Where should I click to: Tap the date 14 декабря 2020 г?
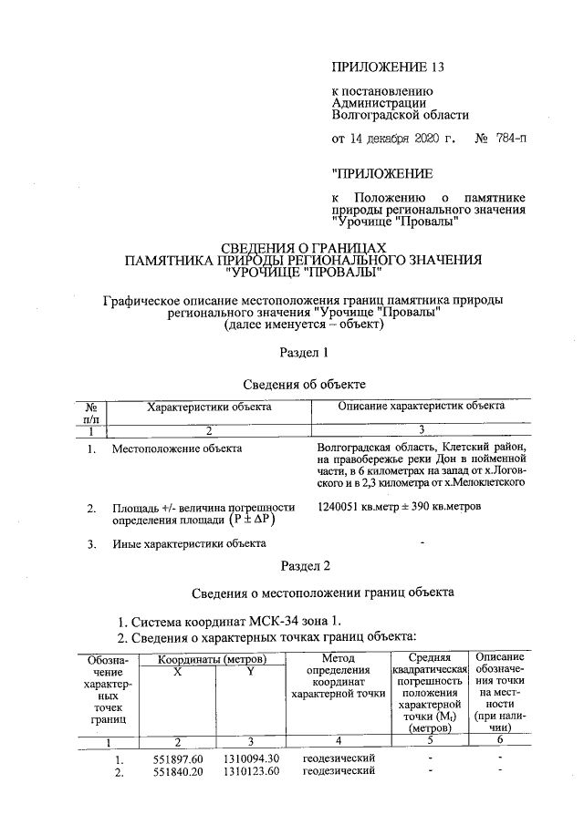click(405, 139)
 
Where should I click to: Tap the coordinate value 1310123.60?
click(250, 772)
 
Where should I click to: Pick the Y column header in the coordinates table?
click(249, 672)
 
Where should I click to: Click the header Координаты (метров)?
click(213, 658)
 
